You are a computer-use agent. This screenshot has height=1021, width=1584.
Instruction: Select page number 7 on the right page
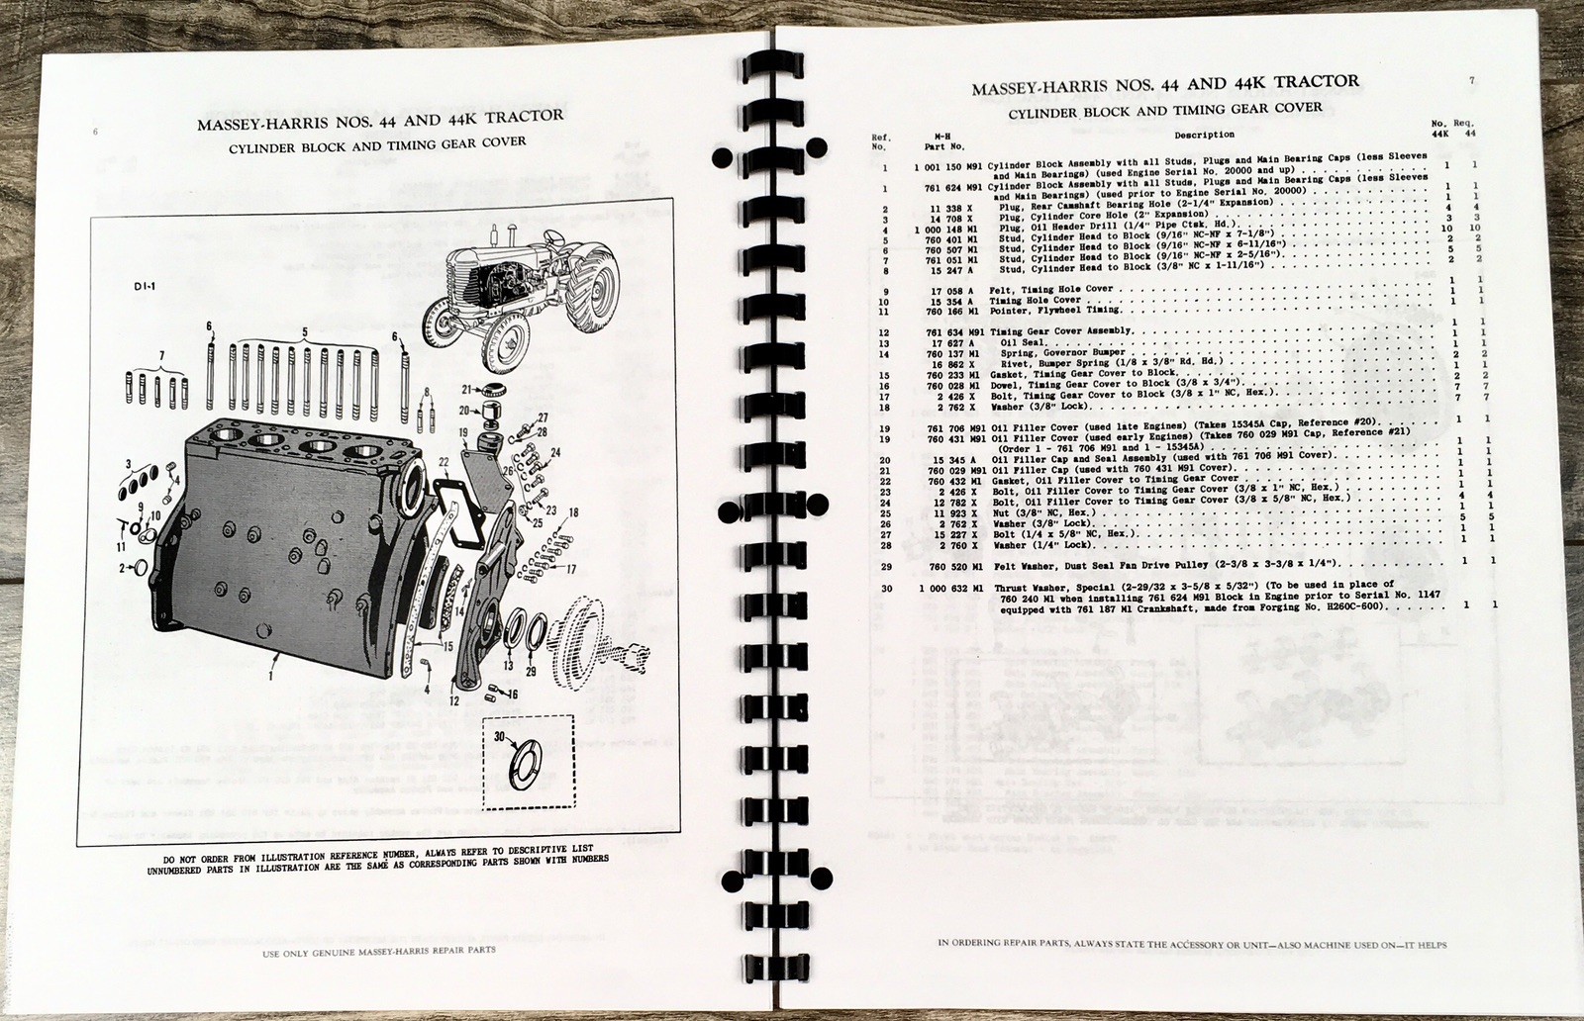[1472, 80]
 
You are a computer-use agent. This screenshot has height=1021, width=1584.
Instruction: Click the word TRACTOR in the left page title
[514, 115]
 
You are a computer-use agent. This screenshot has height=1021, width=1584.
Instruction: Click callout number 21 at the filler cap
[464, 388]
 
